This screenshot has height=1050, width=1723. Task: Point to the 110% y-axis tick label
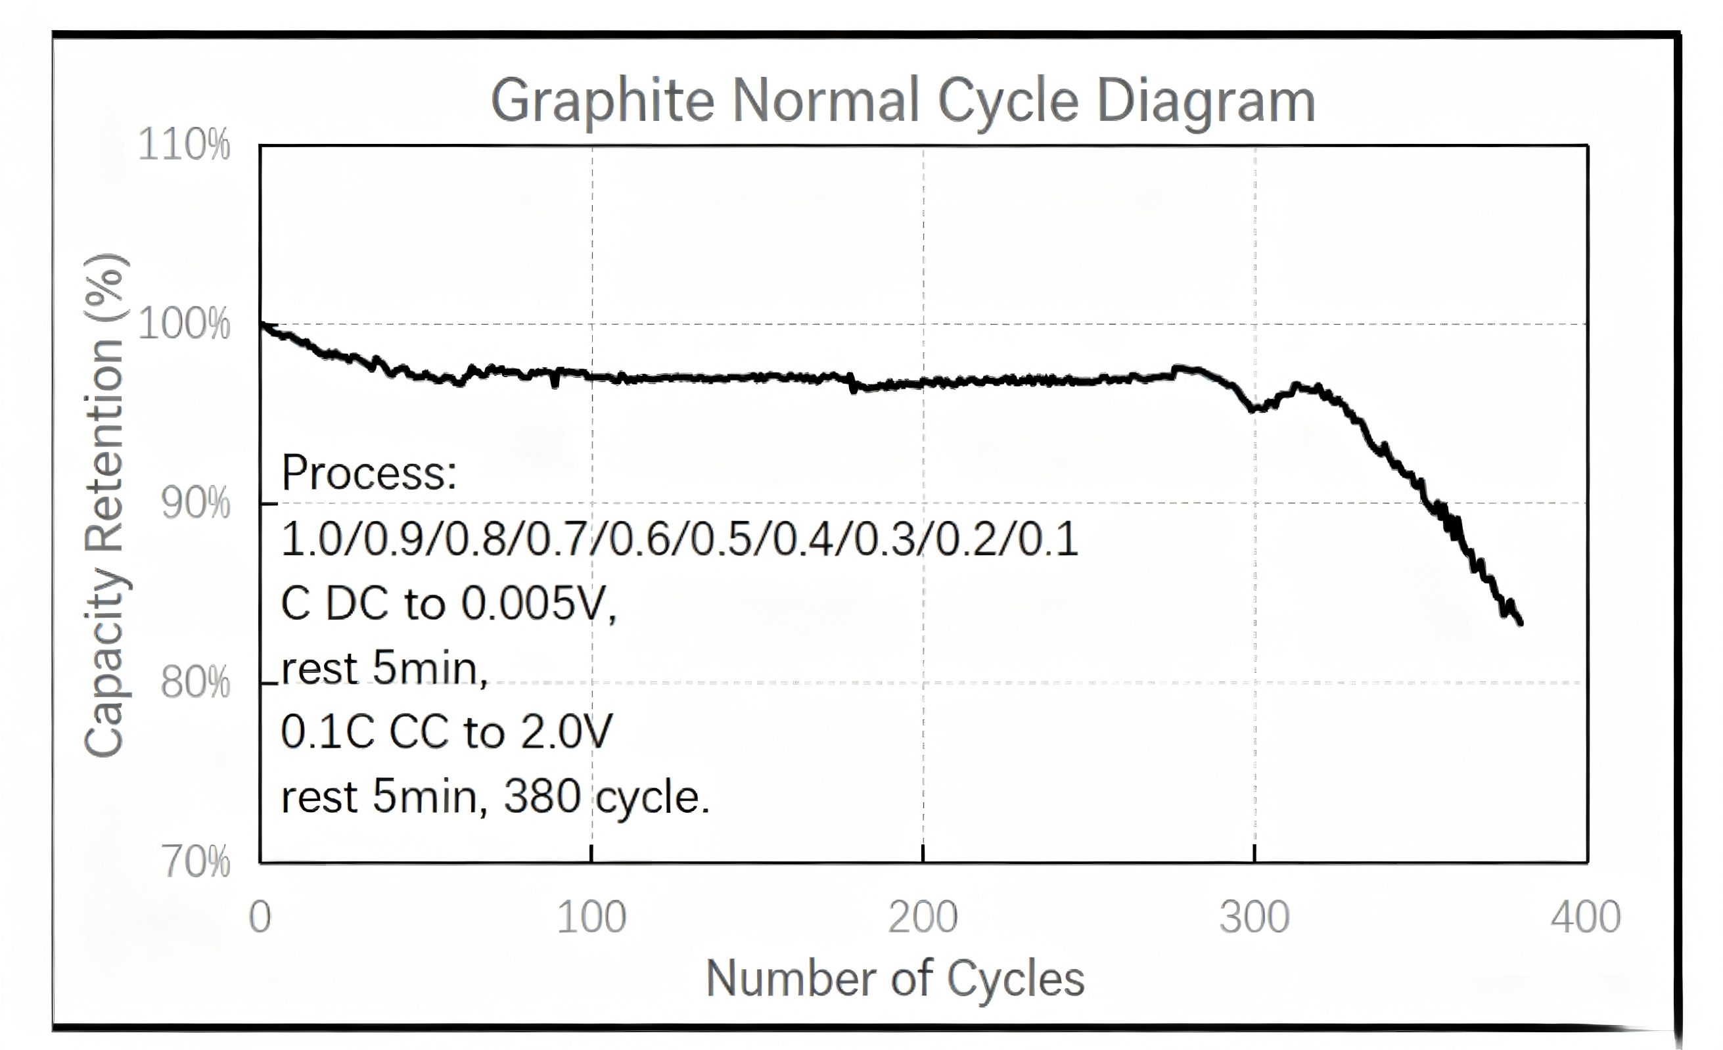(184, 145)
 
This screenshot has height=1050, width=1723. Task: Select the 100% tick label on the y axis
(184, 324)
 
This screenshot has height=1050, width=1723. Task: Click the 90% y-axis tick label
(195, 503)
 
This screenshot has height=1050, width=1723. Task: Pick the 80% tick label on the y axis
(195, 682)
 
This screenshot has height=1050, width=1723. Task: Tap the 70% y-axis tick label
(196, 861)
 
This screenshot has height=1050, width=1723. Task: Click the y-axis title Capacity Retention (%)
(105, 505)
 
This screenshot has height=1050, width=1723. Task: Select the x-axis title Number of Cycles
(895, 978)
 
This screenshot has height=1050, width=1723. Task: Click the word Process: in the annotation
(369, 473)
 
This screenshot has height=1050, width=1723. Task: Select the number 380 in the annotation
(542, 797)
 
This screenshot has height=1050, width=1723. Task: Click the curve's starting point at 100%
(261, 324)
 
